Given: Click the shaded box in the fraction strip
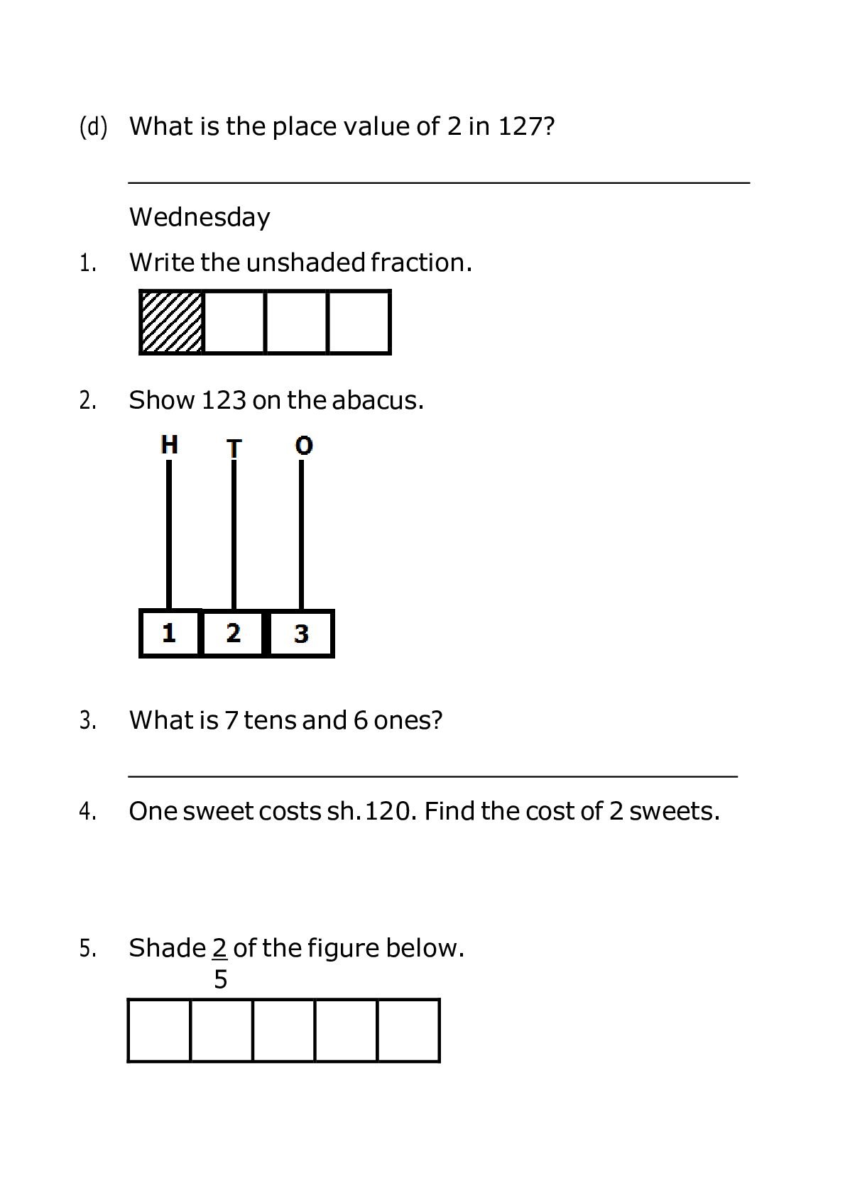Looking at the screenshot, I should (x=172, y=322).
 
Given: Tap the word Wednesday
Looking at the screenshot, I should (x=200, y=217).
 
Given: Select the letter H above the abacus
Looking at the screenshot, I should (x=169, y=445).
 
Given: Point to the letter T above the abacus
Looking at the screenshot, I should (x=234, y=448).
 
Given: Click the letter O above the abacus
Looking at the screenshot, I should (x=304, y=446).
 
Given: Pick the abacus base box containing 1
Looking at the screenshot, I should (x=170, y=633).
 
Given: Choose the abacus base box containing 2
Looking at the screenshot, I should (x=233, y=633).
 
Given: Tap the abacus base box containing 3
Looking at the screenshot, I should (x=301, y=634).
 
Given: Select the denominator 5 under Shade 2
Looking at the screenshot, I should (x=220, y=980).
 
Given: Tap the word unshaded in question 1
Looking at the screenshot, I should (x=305, y=263).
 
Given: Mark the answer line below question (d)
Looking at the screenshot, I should (x=439, y=182).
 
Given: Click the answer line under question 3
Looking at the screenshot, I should (x=433, y=776).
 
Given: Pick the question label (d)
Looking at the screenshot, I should (x=93, y=127).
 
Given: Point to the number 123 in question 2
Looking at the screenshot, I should (x=224, y=400).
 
